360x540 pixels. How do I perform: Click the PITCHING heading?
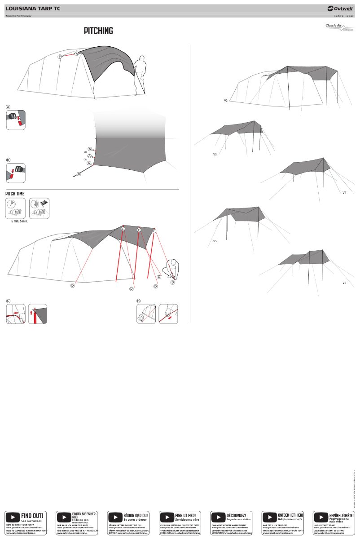coord(98,31)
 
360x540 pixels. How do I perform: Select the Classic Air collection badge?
coord(339,27)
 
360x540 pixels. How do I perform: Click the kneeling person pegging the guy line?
coord(171,269)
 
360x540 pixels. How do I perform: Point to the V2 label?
coord(226,100)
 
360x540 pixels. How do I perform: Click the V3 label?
coord(215,154)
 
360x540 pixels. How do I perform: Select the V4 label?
coord(344,192)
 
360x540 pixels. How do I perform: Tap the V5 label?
coord(215,241)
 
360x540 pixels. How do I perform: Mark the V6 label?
coord(344,283)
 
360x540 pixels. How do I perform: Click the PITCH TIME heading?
coord(15,194)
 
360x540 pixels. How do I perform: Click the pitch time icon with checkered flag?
coord(40,208)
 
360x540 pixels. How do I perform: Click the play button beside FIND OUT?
coord(12,518)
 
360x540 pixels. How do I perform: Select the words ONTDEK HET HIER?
coord(290,515)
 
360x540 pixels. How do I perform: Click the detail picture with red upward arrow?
coord(37,314)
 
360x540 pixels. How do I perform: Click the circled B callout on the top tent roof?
coord(59,57)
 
